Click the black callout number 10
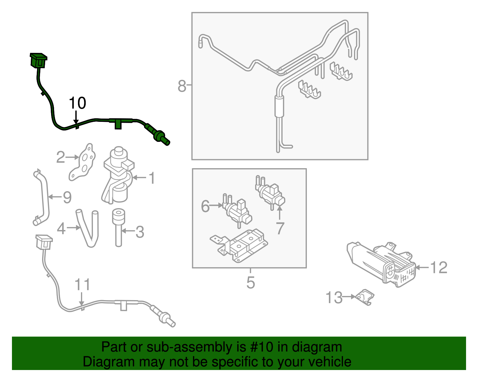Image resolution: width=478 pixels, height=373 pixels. (x=77, y=103)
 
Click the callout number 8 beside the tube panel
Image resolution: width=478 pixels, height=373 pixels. (x=182, y=86)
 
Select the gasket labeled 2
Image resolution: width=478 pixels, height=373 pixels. (x=83, y=162)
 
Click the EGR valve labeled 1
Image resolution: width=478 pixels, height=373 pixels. (x=118, y=176)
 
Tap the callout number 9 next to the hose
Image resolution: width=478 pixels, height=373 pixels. (x=67, y=197)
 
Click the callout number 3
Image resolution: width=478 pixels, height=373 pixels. (x=140, y=232)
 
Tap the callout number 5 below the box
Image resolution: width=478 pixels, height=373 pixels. (x=250, y=283)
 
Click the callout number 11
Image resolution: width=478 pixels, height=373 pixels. (x=82, y=285)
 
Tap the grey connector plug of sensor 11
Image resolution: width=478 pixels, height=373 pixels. (x=44, y=242)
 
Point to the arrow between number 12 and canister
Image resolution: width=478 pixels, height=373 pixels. (x=422, y=267)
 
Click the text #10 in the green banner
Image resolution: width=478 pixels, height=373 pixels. (x=260, y=347)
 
